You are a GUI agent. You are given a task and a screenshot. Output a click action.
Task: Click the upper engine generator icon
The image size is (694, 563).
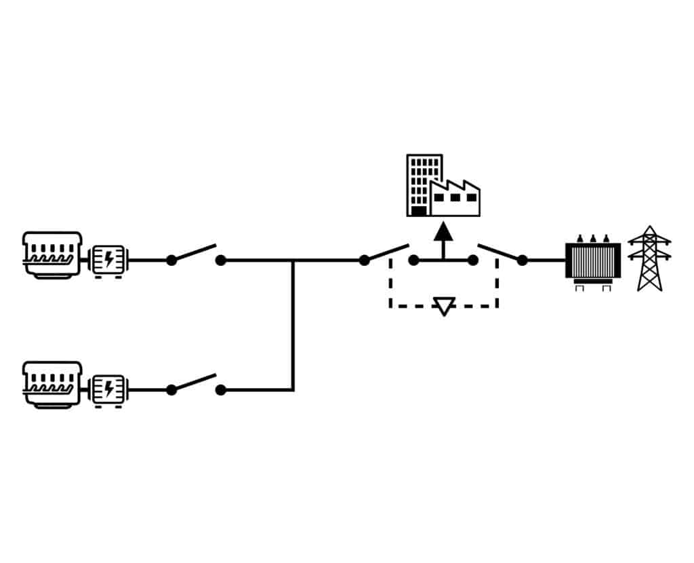(x=52, y=254)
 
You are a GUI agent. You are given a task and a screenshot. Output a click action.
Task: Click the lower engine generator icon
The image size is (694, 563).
(x=52, y=384)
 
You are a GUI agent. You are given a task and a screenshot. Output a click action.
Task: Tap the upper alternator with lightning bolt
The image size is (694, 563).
(x=107, y=259)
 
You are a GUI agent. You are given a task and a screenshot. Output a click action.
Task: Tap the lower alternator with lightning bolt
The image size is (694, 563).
(x=107, y=389)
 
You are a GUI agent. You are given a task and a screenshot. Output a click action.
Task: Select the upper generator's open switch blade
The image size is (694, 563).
(x=195, y=252)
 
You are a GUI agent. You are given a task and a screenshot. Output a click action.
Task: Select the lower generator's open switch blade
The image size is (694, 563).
(x=195, y=382)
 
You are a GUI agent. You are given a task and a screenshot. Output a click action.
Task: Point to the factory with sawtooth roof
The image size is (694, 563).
(x=455, y=199)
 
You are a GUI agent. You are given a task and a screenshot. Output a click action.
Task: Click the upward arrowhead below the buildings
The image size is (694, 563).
(x=443, y=233)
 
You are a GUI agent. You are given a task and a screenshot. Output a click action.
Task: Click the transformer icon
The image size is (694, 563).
(x=593, y=260)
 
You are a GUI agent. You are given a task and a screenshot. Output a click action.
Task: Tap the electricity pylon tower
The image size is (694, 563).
(x=649, y=258)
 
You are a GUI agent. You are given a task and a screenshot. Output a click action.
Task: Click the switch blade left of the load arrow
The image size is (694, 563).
(x=388, y=252)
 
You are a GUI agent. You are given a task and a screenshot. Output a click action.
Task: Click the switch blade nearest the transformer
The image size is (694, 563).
(x=499, y=252)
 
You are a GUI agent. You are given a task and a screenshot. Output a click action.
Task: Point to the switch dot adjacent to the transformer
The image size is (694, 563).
(x=522, y=260)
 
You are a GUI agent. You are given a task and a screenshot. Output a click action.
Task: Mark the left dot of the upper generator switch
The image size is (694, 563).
(x=171, y=260)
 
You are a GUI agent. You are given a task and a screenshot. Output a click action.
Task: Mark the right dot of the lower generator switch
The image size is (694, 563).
(x=220, y=390)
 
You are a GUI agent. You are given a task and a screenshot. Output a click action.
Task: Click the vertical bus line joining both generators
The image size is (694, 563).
(x=293, y=326)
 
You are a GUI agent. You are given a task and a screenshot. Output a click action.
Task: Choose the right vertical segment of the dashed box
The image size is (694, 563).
(x=497, y=285)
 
